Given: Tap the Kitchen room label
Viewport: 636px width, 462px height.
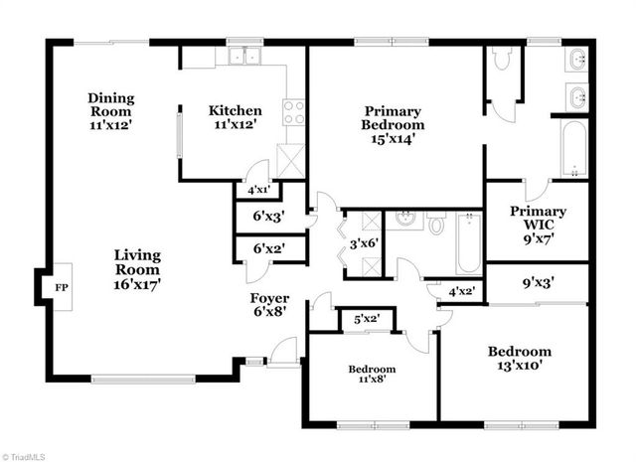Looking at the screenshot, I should click(235, 117).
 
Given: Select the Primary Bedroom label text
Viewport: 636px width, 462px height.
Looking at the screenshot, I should click(395, 125).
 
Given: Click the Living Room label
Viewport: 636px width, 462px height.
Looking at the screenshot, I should click(137, 269).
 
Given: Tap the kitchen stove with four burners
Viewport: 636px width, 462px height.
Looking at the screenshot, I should click(294, 113).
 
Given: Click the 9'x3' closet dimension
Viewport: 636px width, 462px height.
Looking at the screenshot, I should click(537, 282).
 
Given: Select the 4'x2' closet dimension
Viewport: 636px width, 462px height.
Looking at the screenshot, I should click(460, 291).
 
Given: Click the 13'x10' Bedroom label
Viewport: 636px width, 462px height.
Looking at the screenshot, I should click(519, 360).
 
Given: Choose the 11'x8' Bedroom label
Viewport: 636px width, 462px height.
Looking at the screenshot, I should click(371, 377).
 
